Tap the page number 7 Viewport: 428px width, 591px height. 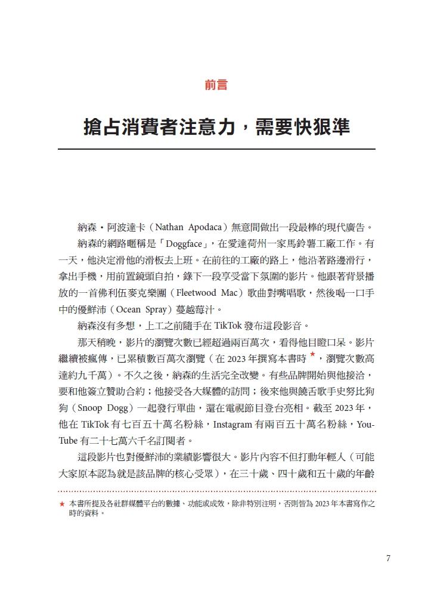point(388,558)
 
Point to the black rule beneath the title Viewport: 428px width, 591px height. point(216,149)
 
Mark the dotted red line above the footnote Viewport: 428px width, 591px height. point(216,491)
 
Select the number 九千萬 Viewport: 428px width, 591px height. point(97,376)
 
